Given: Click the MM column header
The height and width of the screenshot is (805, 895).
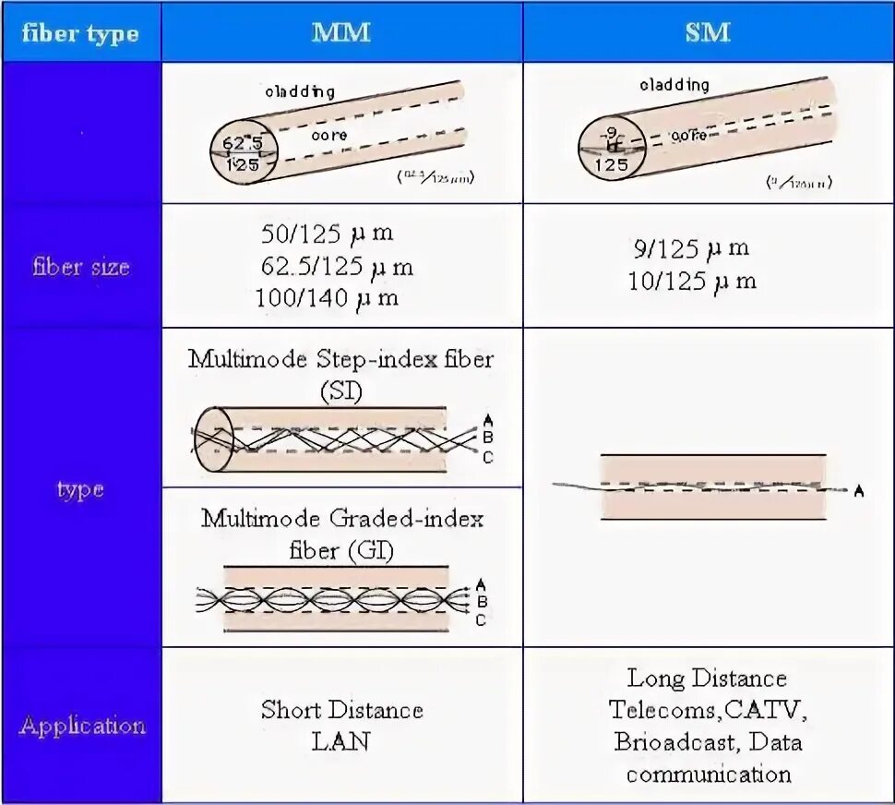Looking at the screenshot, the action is (x=341, y=32).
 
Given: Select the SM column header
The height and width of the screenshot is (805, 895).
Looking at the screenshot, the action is (x=708, y=32).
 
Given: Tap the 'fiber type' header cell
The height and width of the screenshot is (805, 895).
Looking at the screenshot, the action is (x=80, y=34).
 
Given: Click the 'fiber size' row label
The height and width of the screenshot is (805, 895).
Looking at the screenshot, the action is (x=80, y=268).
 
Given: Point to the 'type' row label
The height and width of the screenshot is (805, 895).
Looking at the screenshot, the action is (x=80, y=488).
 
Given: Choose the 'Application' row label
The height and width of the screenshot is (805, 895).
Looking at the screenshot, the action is (x=82, y=726).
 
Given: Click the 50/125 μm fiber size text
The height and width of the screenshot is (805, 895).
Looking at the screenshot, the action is (x=328, y=235).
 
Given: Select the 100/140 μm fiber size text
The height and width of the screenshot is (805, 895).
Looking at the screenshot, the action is (x=328, y=297).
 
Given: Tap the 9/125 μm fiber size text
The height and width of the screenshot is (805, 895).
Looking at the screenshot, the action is (x=689, y=248).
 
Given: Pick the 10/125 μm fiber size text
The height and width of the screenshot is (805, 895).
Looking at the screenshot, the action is (x=692, y=280).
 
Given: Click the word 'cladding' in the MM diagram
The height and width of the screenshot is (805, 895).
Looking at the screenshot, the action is (x=300, y=91).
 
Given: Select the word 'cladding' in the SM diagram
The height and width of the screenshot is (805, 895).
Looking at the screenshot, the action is (x=674, y=85).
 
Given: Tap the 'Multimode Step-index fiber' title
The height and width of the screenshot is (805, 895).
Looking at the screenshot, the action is (x=340, y=359).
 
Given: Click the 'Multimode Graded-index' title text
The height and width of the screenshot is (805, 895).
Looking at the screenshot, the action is (x=342, y=519).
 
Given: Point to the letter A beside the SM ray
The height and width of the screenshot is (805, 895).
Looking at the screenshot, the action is (x=859, y=491).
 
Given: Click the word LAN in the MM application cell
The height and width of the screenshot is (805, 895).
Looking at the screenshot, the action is (x=342, y=741).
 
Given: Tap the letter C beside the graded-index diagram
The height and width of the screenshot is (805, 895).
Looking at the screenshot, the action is (x=481, y=620).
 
